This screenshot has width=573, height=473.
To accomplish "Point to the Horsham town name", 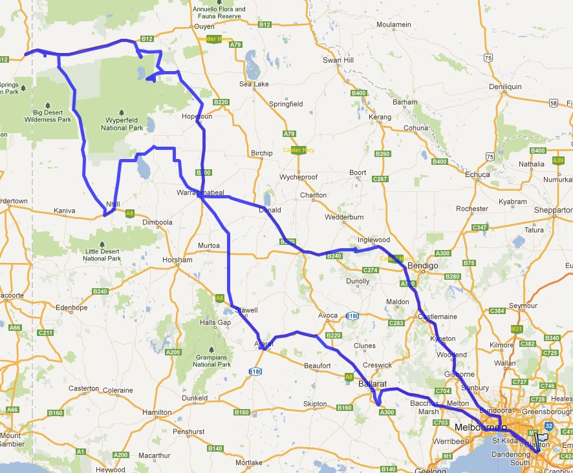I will click(x=178, y=260).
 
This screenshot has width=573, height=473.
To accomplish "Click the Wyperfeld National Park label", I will click(x=122, y=124).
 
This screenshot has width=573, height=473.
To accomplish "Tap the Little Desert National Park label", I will click(x=102, y=255).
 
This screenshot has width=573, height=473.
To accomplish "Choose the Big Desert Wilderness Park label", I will click(x=47, y=116).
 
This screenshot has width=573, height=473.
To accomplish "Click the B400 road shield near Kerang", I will click(x=359, y=94).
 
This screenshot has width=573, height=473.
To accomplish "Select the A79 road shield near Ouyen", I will click(x=235, y=45).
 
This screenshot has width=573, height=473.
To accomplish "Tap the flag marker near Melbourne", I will click(x=542, y=437).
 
